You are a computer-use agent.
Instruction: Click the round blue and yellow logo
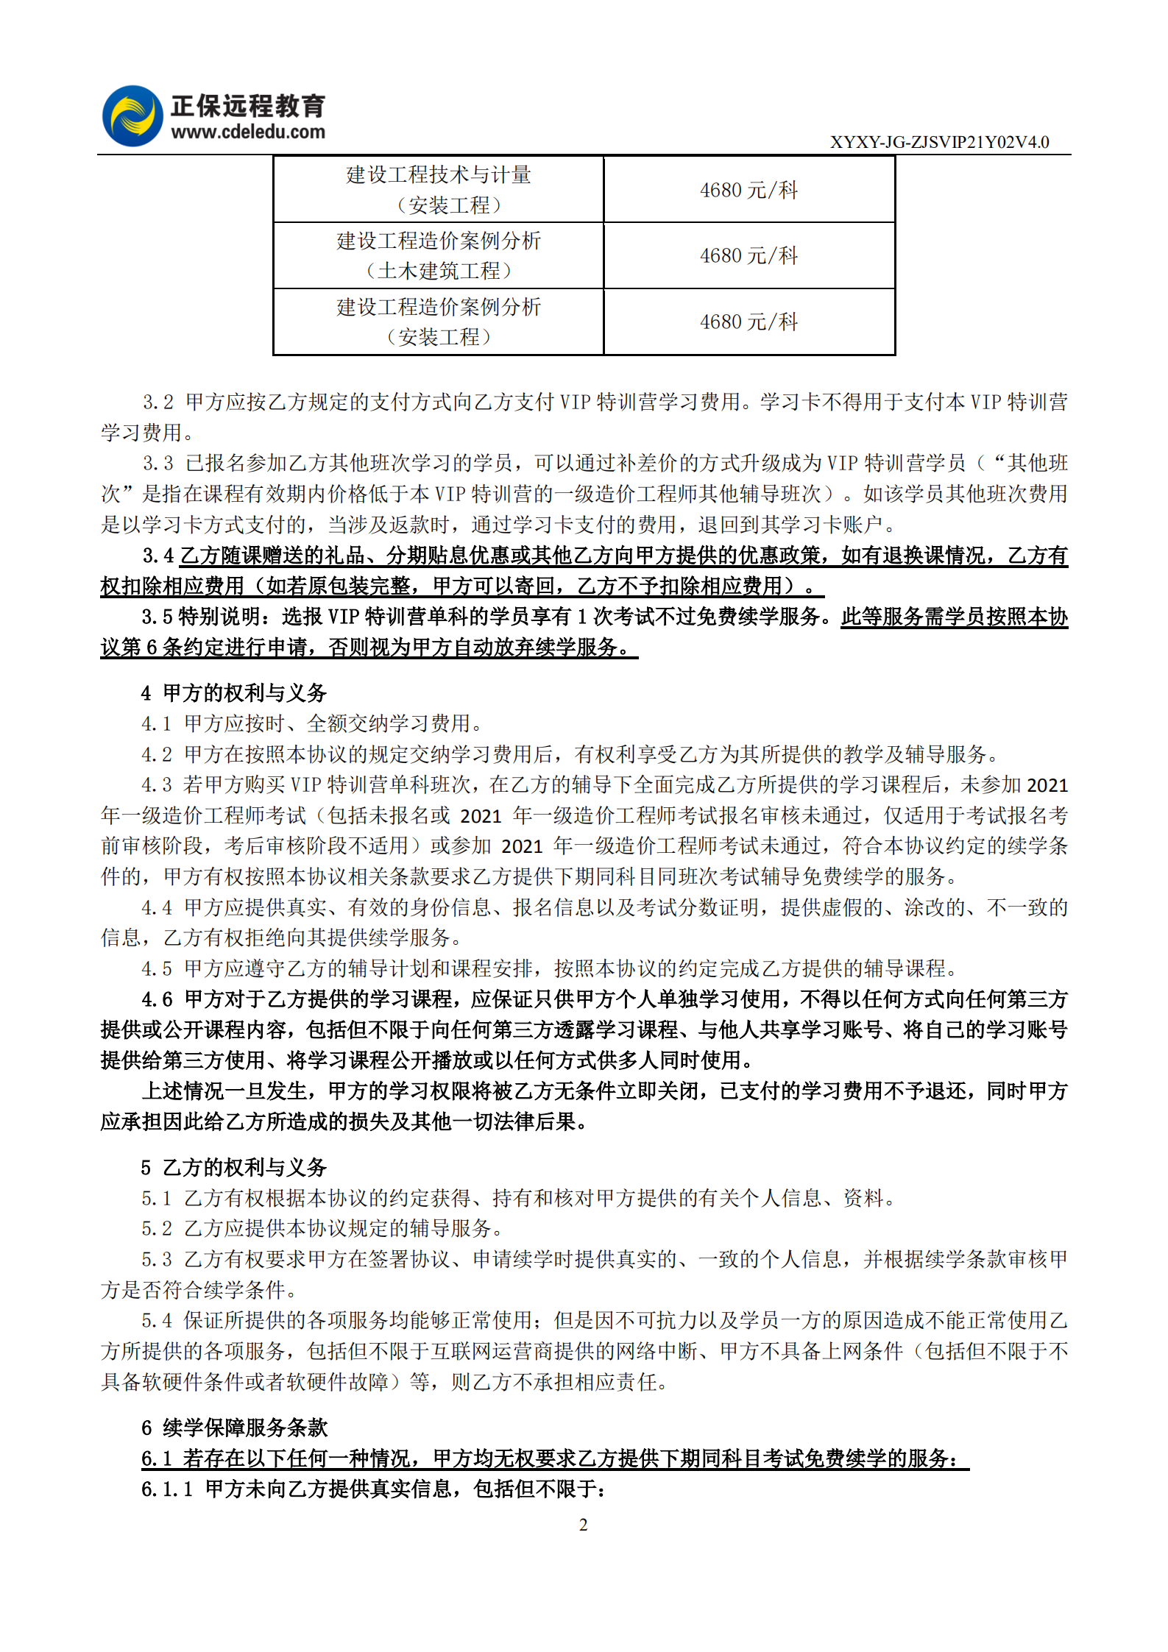coord(132,116)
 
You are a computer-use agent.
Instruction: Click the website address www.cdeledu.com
coord(248,132)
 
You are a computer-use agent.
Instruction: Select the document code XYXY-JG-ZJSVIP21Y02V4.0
coord(939,142)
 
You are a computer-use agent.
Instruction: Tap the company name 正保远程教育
coord(248,106)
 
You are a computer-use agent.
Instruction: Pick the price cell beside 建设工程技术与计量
coord(748,190)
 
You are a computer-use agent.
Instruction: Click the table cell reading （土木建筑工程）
coord(439,271)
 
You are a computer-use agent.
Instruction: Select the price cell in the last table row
coord(748,322)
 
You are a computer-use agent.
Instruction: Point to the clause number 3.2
coord(157,403)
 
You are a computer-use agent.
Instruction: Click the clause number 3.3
coord(157,464)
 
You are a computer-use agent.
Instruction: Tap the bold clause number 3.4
coord(157,556)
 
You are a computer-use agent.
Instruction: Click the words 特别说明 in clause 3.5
coord(219,617)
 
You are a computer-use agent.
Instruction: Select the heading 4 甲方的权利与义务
coord(234,693)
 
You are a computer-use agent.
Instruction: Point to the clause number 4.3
coord(156,785)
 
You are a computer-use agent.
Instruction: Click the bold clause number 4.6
coord(157,999)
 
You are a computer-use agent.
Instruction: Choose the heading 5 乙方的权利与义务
coord(234,1168)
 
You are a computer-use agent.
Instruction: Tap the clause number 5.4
coord(156,1321)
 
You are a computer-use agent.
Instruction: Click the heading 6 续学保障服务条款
coord(234,1428)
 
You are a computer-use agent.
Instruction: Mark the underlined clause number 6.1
coord(156,1458)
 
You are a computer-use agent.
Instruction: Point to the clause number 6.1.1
coord(166,1489)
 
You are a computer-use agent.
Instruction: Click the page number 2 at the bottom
coord(584,1525)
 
